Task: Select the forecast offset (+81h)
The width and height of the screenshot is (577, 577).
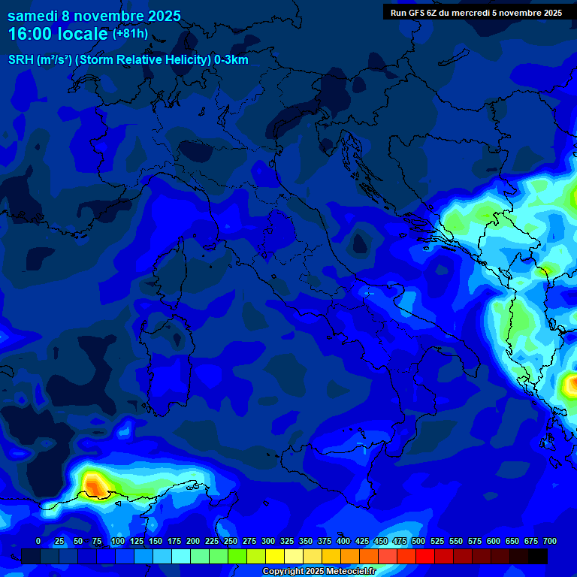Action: pos(130,34)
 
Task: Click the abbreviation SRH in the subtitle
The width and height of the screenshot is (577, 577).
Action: pos(21,60)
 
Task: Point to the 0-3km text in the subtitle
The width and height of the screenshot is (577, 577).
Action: pos(231,60)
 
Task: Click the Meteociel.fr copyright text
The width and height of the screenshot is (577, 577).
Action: pos(319,572)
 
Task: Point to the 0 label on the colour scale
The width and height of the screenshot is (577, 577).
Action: pos(38,541)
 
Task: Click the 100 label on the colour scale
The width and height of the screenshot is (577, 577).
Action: pos(118,541)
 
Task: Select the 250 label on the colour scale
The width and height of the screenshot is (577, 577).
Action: pos(231,541)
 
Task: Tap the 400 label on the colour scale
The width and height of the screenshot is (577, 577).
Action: pos(343,541)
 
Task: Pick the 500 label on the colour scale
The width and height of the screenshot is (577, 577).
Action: pos(418,541)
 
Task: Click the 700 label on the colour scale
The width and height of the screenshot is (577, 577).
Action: pos(550,541)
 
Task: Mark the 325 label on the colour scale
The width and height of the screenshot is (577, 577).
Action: pos(287,541)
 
